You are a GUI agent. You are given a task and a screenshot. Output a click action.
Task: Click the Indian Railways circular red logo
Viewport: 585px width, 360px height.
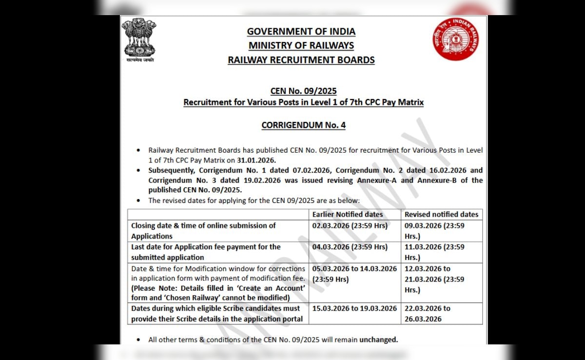click(455, 39)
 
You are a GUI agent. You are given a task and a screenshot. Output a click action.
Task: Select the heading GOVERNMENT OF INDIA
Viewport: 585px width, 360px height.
click(301, 32)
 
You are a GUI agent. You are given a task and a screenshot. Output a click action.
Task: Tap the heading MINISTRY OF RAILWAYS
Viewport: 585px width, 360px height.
click(301, 46)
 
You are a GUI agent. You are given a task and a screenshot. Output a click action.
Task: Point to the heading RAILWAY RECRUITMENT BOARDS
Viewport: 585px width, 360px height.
click(301, 60)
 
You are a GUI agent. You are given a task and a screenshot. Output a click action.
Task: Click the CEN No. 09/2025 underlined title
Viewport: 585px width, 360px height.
click(303, 91)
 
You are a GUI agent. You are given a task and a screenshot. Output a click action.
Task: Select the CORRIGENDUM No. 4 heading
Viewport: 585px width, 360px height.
click(303, 125)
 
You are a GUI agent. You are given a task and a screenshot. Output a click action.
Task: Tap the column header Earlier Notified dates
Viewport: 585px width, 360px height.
click(348, 215)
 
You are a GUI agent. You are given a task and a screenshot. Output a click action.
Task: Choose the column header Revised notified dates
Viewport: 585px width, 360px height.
click(441, 215)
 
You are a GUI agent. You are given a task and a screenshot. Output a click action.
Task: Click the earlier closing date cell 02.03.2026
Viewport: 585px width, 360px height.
click(350, 226)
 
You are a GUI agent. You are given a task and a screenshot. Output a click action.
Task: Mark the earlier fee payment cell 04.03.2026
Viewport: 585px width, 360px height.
click(350, 247)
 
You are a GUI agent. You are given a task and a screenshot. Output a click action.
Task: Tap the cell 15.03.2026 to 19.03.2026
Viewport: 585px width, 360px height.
click(354, 309)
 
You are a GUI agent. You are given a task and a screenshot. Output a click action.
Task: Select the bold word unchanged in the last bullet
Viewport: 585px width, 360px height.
click(378, 340)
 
